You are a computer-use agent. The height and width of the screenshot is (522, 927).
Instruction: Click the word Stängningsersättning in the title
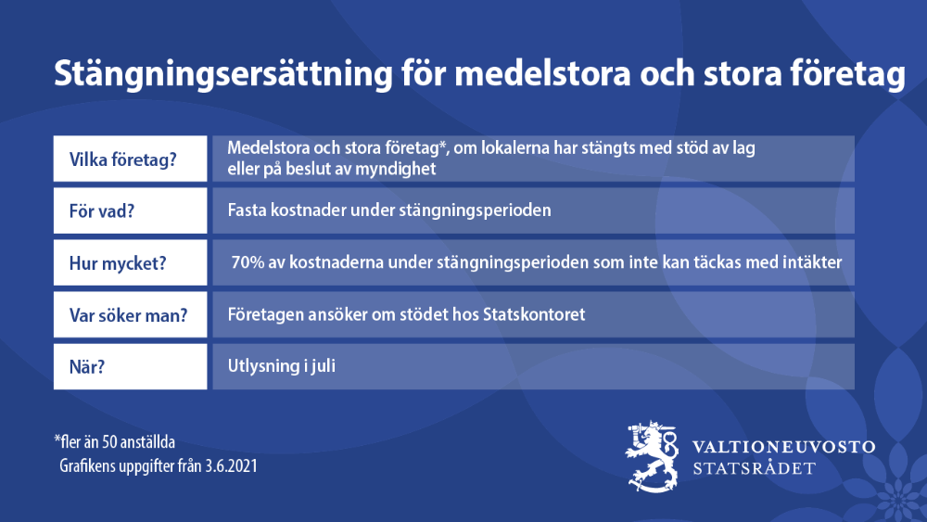point(223,74)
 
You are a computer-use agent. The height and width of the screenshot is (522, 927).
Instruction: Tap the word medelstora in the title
point(542,73)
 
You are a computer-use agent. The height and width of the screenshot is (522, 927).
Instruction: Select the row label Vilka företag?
point(123,159)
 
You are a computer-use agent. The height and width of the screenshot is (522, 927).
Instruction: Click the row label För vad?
point(102,211)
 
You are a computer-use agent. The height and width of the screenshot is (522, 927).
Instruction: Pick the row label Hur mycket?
point(118,263)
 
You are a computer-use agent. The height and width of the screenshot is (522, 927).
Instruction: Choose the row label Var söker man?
point(128,315)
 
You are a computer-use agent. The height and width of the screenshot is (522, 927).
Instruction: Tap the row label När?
point(87,366)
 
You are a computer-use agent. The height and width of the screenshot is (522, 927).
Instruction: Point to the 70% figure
point(248,261)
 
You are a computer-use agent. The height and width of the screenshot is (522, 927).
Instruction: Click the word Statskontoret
point(534,314)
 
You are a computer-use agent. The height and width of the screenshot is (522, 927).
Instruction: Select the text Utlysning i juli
point(282,366)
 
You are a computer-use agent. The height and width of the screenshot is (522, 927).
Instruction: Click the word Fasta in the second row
point(248,210)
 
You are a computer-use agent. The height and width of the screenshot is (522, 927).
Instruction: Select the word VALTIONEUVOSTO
point(784,447)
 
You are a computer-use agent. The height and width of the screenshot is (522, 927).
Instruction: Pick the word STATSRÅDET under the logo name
point(754,469)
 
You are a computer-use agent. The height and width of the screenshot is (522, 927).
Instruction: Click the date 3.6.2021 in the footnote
point(231,465)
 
